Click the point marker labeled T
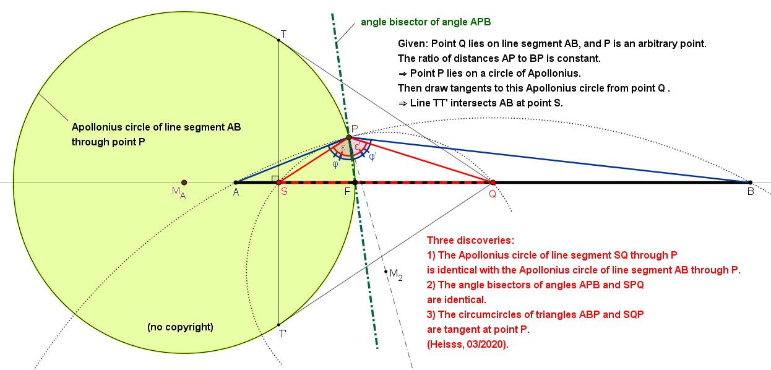tap(279, 40)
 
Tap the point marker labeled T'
tap(279, 325)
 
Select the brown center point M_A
tap(184, 183)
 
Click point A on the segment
tap(236, 183)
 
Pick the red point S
tap(278, 183)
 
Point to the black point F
tap(355, 183)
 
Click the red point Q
tap(493, 183)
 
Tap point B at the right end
tap(750, 183)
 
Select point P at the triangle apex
tap(349, 137)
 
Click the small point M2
tap(385, 271)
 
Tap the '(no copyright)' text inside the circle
tap(180, 327)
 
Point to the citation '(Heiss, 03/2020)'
tap(467, 344)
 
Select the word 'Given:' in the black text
tap(411, 45)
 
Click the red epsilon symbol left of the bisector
tap(343, 147)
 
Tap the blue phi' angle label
tap(372, 157)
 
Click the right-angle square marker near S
tap(274, 179)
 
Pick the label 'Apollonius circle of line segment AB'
tap(156, 127)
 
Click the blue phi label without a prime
tap(335, 164)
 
